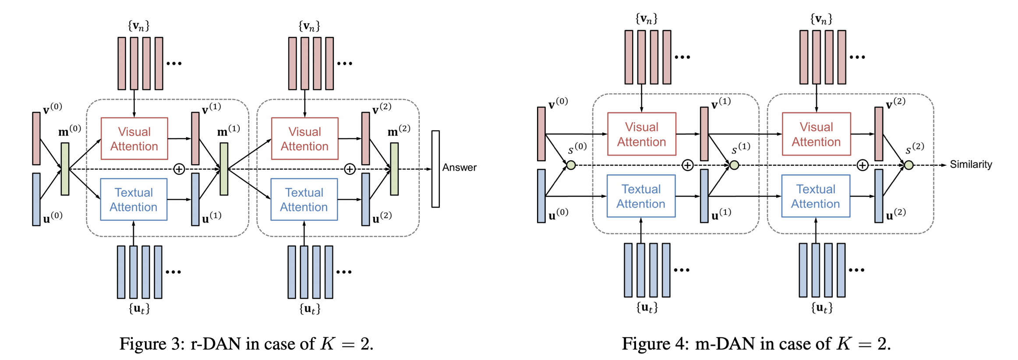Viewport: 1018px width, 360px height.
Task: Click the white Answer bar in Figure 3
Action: coord(435,169)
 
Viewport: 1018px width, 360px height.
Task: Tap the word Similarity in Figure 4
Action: coord(971,165)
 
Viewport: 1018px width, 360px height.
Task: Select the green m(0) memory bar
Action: coord(65,169)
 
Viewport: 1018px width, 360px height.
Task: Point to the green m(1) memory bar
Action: coord(224,169)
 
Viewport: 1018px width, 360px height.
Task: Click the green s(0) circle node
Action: coord(571,165)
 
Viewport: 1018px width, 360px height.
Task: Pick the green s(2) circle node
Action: coord(909,165)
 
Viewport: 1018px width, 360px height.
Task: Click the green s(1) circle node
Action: coord(735,165)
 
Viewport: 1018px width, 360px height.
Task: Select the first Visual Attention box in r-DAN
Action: coord(134,138)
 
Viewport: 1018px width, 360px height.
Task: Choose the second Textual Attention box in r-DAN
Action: coord(304,199)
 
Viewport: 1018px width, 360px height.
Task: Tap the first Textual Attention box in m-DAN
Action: coord(641,196)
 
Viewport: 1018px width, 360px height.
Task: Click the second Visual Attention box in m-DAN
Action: coord(816,134)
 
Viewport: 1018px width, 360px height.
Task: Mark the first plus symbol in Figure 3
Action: coord(179,169)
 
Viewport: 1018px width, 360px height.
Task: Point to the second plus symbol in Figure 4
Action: coord(862,165)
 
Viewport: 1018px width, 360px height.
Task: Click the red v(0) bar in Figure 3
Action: coord(36,138)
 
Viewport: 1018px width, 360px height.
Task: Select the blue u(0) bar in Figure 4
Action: coord(541,196)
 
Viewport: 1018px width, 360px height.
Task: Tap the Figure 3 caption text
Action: coord(246,344)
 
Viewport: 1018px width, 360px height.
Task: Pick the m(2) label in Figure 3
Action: coord(399,131)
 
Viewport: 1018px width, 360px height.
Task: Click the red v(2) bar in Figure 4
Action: coord(879,134)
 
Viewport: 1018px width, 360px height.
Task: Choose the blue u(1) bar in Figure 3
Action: coord(195,199)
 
